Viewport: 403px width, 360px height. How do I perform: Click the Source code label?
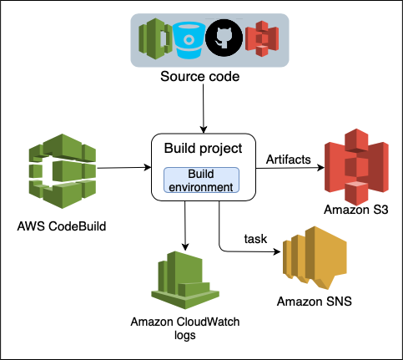coord(201,78)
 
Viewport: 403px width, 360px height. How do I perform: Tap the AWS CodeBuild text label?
coord(61,226)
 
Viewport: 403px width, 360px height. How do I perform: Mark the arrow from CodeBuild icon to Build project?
coord(121,168)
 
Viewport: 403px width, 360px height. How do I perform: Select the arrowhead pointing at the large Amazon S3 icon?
coord(320,168)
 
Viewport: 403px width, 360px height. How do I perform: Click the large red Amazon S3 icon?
coord(357,167)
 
